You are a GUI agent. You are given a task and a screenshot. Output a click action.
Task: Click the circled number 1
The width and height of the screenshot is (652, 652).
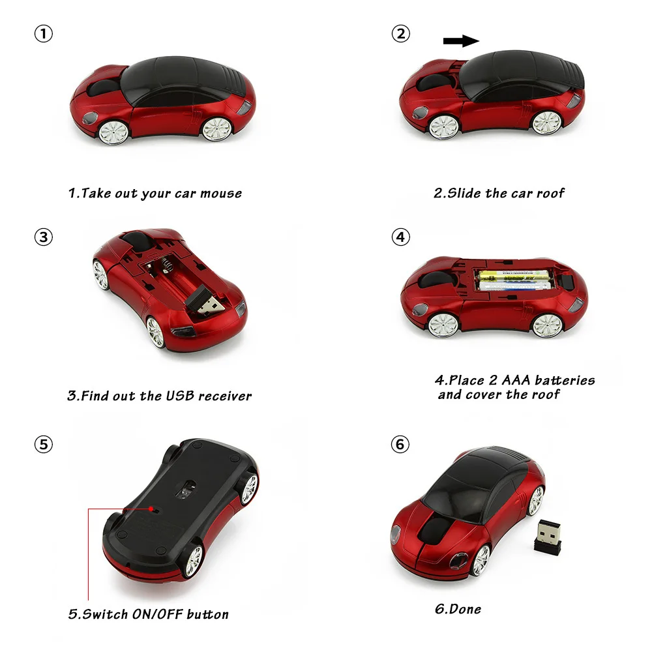pyautogui.click(x=43, y=34)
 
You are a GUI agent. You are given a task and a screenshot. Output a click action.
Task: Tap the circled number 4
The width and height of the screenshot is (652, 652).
pyautogui.click(x=400, y=237)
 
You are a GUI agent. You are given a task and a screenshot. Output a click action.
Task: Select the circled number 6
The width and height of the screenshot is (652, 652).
pyautogui.click(x=400, y=444)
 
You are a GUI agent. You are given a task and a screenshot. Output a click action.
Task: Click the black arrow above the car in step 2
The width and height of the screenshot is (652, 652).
pyautogui.click(x=461, y=40)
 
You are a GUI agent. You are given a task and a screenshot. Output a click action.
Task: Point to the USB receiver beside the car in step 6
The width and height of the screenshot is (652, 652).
pyautogui.click(x=548, y=537)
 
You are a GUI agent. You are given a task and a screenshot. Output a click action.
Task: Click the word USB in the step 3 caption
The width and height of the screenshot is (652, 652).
pyautogui.click(x=180, y=396)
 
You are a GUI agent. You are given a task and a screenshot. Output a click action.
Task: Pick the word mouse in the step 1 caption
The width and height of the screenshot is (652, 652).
pyautogui.click(x=221, y=194)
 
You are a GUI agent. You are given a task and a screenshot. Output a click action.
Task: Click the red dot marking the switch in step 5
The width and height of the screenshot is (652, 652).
pyautogui.click(x=151, y=509)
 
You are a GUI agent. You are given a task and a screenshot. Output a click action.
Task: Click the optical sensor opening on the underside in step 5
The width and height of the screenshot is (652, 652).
pyautogui.click(x=186, y=490)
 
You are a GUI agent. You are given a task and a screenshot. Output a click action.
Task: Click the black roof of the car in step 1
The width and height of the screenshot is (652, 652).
pyautogui.click(x=181, y=80)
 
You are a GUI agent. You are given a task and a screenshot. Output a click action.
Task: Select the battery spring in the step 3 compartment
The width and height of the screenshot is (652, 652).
pyautogui.click(x=166, y=265)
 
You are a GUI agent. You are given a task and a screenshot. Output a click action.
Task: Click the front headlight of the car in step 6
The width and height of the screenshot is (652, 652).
pyautogui.click(x=396, y=535)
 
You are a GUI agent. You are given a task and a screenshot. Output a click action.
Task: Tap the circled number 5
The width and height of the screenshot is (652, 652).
pyautogui.click(x=43, y=444)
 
